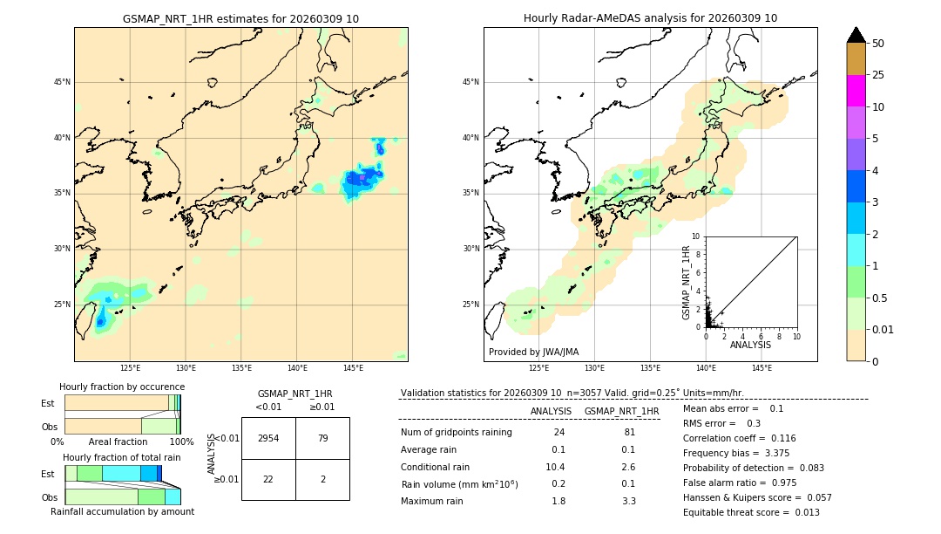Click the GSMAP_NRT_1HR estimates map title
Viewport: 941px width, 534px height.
[240, 18]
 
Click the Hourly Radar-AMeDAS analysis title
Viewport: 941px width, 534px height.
[650, 18]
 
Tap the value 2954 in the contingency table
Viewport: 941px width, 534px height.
[268, 438]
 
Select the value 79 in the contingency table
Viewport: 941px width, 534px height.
[322, 438]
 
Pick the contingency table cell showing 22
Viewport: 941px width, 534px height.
[268, 480]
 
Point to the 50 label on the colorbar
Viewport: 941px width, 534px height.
[878, 44]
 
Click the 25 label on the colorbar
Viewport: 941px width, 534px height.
[878, 75]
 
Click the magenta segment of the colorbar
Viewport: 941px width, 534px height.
[856, 91]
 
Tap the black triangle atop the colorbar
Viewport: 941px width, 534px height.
[856, 35]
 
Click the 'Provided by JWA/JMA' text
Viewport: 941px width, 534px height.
[533, 353]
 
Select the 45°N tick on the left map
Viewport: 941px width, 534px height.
[62, 82]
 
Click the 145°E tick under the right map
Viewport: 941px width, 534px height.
[762, 368]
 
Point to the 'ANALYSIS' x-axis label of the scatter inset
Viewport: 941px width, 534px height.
[750, 346]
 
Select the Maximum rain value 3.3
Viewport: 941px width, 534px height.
[628, 501]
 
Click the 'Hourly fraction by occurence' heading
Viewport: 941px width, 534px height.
[122, 387]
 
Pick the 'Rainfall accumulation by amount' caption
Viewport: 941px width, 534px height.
[122, 511]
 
